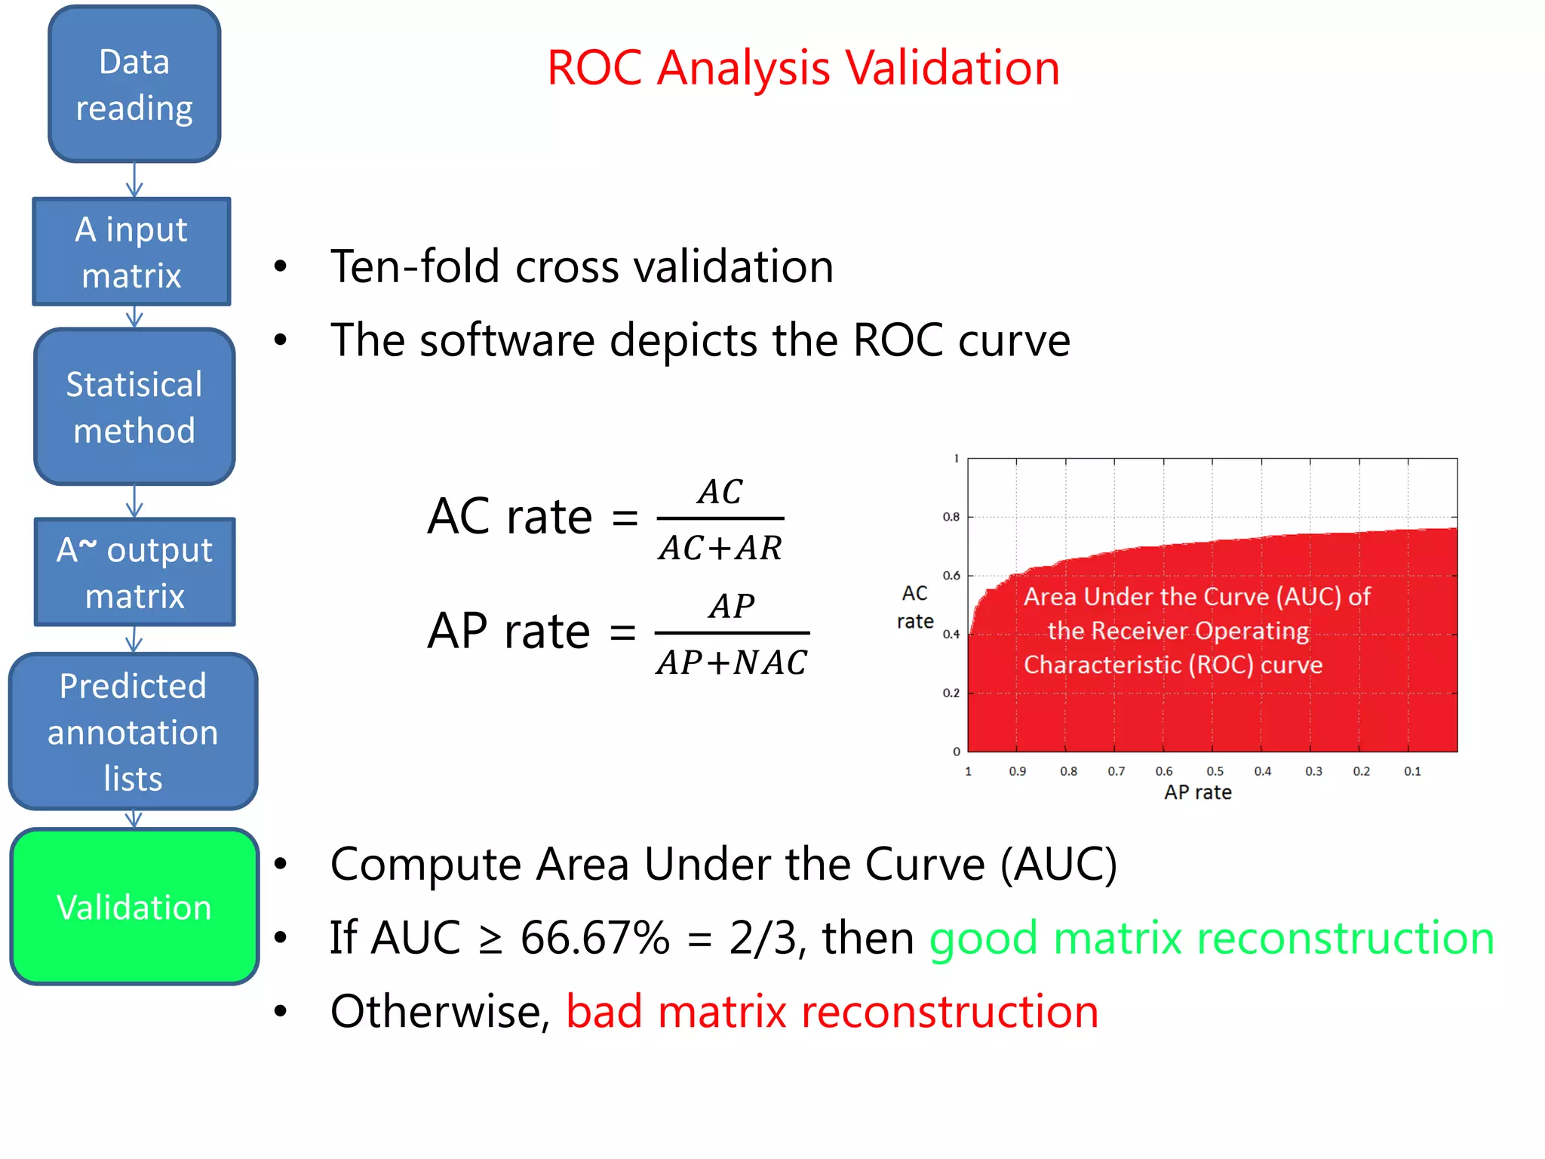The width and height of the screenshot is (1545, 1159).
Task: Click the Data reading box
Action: pyautogui.click(x=134, y=84)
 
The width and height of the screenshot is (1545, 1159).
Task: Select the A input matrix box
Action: pyautogui.click(x=132, y=252)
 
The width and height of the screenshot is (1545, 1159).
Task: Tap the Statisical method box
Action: pyautogui.click(x=134, y=407)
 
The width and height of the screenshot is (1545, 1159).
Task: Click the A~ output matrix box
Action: pyautogui.click(x=135, y=572)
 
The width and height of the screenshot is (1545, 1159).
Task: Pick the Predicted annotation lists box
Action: pyautogui.click(x=134, y=732)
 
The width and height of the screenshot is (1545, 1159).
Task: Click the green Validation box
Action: pyautogui.click(x=134, y=906)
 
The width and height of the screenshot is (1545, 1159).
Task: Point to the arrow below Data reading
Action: pyautogui.click(x=134, y=180)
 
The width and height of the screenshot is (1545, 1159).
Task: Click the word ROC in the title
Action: pyautogui.click(x=594, y=69)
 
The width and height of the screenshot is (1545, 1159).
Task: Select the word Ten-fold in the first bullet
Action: pyautogui.click(x=416, y=266)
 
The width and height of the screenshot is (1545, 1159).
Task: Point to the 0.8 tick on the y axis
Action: pyautogui.click(x=951, y=517)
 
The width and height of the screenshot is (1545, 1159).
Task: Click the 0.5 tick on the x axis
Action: pyautogui.click(x=1215, y=771)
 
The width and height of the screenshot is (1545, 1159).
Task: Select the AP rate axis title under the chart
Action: pyautogui.click(x=1197, y=792)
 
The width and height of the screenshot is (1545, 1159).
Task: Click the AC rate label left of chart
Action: pyautogui.click(x=915, y=607)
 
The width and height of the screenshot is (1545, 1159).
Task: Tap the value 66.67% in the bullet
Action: pyautogui.click(x=595, y=938)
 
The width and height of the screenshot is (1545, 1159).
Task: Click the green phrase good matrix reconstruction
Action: pyautogui.click(x=1211, y=938)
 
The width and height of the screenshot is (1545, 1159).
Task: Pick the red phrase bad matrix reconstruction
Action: pyautogui.click(x=832, y=1012)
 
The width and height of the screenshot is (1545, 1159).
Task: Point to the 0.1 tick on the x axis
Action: pyautogui.click(x=1412, y=771)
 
